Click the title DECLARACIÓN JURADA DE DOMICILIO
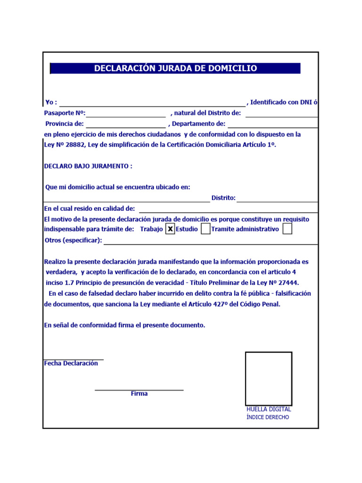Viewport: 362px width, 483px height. (x=175, y=68)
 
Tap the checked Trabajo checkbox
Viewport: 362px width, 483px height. (x=171, y=229)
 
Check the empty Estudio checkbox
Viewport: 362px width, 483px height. (x=206, y=229)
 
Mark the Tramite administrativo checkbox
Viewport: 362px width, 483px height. (x=287, y=229)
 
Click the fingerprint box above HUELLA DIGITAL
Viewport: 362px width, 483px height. (x=268, y=378)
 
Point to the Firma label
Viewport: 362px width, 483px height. (x=139, y=394)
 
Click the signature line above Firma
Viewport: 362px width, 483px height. (x=139, y=389)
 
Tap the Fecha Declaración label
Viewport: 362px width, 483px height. (x=71, y=364)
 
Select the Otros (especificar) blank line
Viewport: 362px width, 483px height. (x=210, y=241)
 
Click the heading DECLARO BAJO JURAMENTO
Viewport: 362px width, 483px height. (x=88, y=167)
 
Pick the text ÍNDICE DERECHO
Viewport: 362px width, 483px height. (x=268, y=417)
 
